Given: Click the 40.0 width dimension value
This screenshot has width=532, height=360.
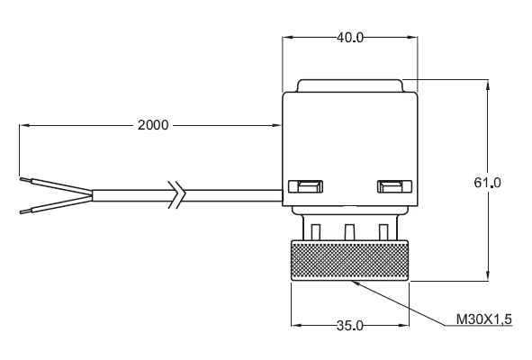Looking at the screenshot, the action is (x=350, y=37).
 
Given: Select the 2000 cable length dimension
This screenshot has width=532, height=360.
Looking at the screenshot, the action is (x=153, y=125).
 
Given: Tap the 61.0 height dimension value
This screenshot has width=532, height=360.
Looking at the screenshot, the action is (x=487, y=183).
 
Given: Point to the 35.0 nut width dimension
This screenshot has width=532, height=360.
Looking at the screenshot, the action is (x=350, y=326).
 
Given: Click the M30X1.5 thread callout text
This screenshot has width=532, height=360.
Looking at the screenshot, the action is (x=483, y=319).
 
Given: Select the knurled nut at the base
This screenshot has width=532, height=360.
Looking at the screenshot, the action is (x=350, y=260).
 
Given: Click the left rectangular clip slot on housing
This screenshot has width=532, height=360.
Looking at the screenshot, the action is (x=305, y=186).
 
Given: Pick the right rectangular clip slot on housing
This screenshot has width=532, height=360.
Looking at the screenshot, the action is (x=394, y=186).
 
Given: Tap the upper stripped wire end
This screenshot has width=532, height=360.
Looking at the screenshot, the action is (x=25, y=179).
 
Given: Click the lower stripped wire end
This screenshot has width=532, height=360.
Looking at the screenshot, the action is (x=25, y=211).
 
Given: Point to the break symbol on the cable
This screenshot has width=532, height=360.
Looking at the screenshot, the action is (x=176, y=194).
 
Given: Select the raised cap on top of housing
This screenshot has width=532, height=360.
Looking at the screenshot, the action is (x=350, y=85).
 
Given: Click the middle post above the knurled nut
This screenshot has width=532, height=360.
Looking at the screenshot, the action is (x=349, y=231).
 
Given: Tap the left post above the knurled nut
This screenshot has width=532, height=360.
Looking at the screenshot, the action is (x=315, y=231).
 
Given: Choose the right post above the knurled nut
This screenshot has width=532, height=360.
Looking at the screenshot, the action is (x=383, y=231).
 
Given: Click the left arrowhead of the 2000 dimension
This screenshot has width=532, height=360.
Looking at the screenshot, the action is (x=24, y=125).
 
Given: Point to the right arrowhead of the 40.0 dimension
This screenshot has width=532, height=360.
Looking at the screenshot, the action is (x=413, y=37).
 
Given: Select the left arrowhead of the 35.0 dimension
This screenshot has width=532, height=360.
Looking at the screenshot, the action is (x=296, y=326).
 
